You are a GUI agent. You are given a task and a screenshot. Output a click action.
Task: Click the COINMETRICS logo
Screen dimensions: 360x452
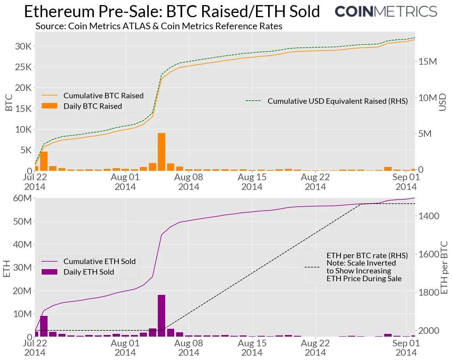tap(386, 11)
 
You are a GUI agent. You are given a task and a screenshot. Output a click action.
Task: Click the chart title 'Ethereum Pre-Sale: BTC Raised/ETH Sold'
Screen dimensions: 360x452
tap(172, 12)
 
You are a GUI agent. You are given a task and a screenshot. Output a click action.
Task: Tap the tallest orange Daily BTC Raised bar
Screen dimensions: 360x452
tap(161, 152)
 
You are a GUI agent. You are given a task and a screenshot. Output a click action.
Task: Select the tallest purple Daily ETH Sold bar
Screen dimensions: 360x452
tap(161, 316)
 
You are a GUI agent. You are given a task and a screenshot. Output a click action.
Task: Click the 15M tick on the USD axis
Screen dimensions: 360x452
tap(428, 61)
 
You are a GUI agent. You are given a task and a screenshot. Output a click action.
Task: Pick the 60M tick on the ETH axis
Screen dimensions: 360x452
tap(22, 198)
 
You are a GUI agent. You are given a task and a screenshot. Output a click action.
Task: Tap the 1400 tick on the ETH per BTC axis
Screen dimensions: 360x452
tap(428, 216)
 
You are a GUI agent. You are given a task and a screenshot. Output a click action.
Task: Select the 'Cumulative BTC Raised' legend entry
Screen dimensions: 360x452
tap(103, 96)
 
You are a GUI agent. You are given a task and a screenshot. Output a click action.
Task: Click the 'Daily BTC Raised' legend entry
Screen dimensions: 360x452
tap(93, 106)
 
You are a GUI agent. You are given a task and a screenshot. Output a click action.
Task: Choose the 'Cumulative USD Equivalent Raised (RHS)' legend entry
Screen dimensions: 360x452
tap(337, 101)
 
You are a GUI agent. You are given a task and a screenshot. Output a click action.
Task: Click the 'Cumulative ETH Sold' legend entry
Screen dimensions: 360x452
tap(99, 261)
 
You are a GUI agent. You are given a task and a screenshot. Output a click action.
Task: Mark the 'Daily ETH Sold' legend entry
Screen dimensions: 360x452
tap(89, 272)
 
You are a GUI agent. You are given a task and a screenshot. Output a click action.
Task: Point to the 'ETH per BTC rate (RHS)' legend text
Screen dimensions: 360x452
tap(367, 255)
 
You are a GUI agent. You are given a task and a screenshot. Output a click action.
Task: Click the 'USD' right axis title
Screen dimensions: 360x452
tap(443, 102)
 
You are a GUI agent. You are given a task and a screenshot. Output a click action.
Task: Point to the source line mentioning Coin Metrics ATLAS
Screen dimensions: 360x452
tap(159, 26)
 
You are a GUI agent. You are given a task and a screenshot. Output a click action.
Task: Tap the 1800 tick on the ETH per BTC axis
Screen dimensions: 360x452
tap(428, 293)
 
